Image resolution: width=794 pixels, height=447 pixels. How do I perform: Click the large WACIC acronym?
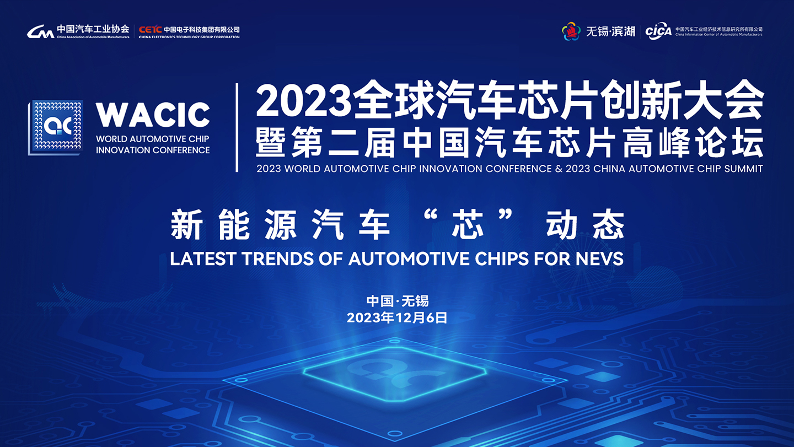(x=153, y=115)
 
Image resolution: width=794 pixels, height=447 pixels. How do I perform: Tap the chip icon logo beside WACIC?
(x=56, y=127)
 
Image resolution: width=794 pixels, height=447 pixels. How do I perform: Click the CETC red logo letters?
(x=150, y=29)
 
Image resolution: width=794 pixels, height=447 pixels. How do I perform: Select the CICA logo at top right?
(x=658, y=31)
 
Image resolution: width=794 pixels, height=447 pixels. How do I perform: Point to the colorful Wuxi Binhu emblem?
(x=571, y=31)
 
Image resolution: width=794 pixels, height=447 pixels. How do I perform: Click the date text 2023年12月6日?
(x=397, y=317)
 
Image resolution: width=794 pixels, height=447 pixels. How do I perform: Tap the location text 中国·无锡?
(x=398, y=301)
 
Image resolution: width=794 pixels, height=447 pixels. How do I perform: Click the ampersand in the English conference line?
(x=559, y=169)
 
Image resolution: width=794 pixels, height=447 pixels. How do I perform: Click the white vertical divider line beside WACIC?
(x=237, y=127)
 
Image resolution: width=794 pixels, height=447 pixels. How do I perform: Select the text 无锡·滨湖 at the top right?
(x=610, y=31)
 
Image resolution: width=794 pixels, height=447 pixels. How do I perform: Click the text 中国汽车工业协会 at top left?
(x=93, y=29)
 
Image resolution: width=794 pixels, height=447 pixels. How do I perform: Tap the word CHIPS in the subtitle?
(x=502, y=258)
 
